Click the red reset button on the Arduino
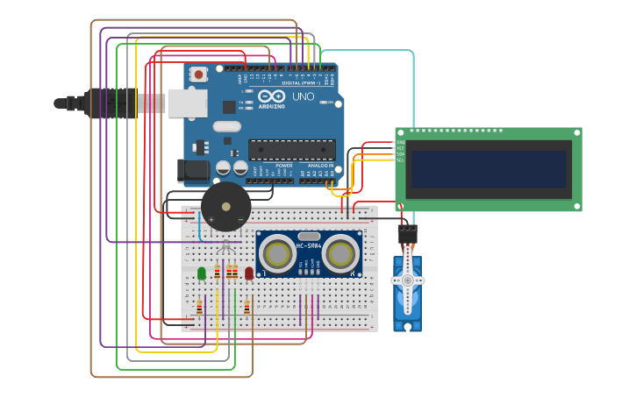click(199, 75)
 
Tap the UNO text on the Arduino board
click(303, 96)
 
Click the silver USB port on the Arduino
click(188, 103)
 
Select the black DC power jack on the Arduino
click(192, 170)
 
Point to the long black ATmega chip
click(291, 149)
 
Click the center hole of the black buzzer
click(226, 207)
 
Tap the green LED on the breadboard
click(202, 273)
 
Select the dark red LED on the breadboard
click(249, 273)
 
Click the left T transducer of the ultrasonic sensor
click(278, 254)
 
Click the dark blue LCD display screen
click(490, 169)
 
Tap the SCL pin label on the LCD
click(400, 160)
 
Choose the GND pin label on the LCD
click(400, 142)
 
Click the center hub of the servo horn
click(407, 280)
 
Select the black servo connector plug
click(407, 235)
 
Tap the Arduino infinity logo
click(271, 96)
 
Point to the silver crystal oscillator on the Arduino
click(226, 126)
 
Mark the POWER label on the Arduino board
click(284, 165)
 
